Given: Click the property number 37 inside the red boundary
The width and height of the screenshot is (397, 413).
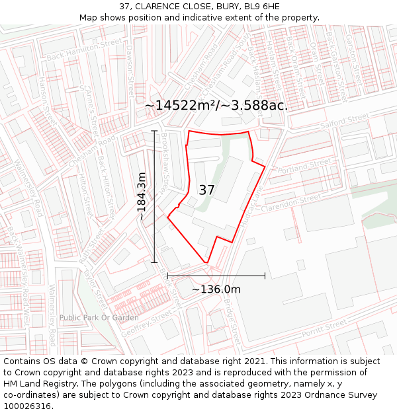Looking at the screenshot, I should coord(206,190).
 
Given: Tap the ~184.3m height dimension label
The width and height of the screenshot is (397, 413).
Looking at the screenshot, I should coord(142,196).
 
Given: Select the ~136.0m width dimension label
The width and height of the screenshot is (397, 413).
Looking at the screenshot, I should coord(216,289).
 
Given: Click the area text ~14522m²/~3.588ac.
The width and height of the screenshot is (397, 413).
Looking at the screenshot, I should coord(216,105).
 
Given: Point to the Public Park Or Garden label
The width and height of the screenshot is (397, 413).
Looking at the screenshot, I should coord(99,318).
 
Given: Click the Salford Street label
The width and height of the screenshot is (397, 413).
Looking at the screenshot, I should coord(344,121).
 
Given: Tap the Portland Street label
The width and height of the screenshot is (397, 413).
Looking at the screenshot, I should coord(304,166).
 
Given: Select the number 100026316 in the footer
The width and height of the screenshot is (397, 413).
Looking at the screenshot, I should coord(28,406).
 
